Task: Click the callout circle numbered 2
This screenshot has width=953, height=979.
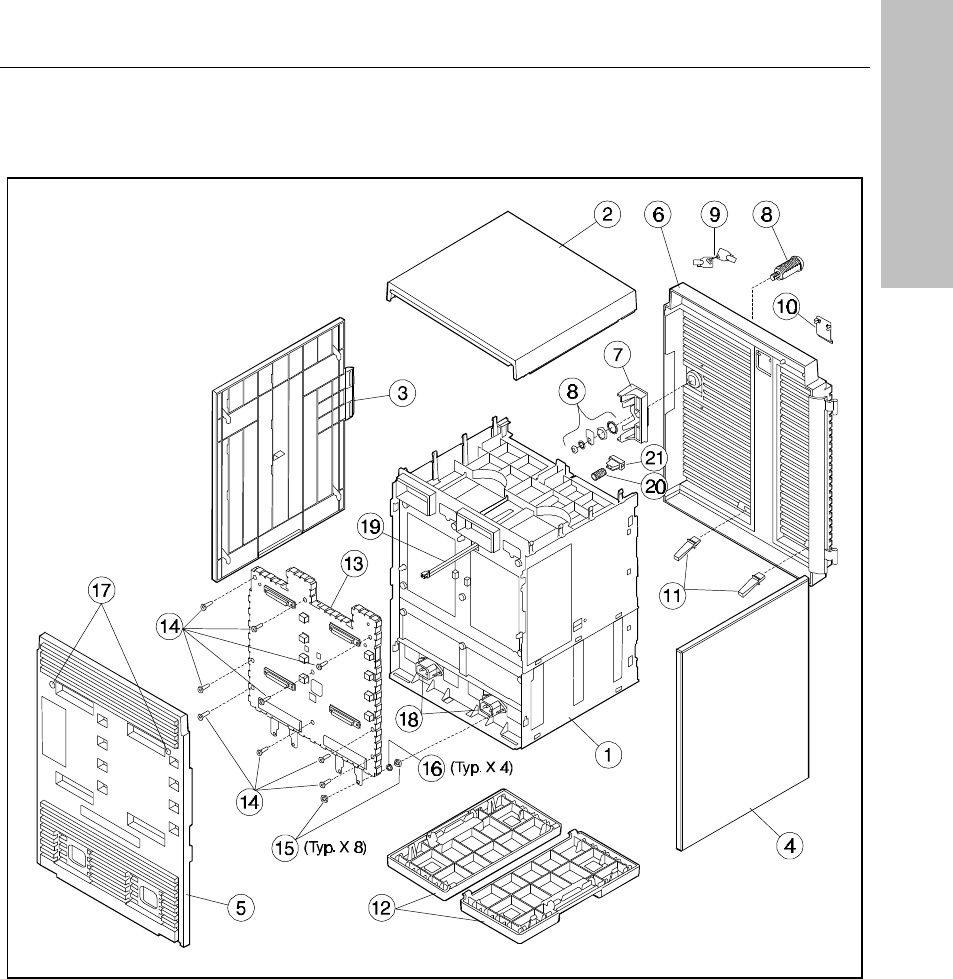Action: pos(606,213)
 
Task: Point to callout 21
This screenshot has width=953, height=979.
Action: pos(654,458)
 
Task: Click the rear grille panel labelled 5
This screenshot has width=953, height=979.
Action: pos(110,790)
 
